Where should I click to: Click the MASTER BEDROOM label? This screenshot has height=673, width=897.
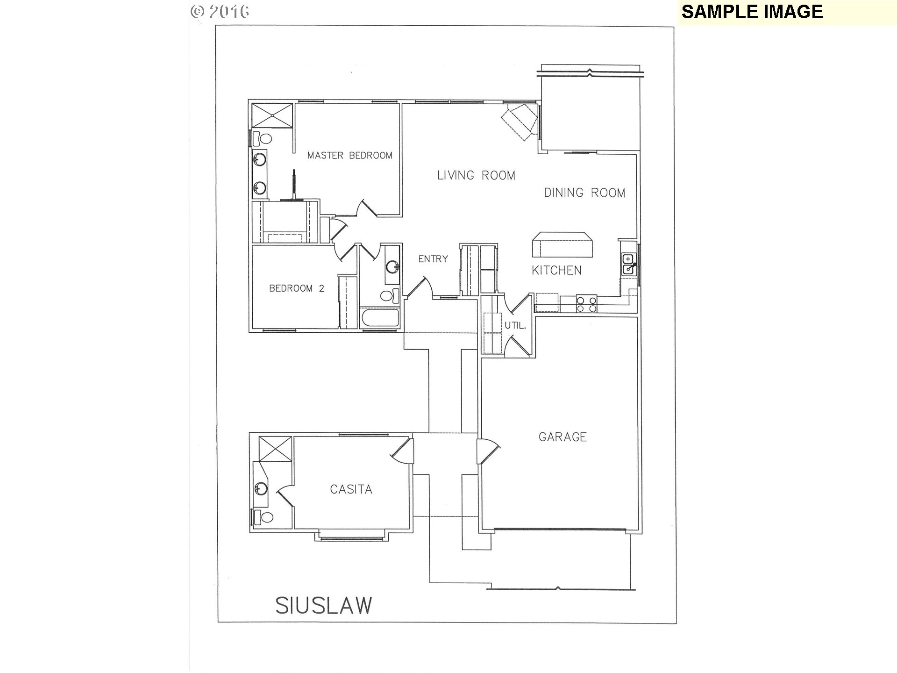click(x=350, y=155)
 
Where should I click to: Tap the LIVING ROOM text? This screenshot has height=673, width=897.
click(x=476, y=175)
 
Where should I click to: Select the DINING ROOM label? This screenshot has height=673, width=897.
click(x=584, y=193)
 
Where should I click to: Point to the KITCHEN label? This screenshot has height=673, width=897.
click(x=557, y=270)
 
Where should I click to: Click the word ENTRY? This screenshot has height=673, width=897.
click(x=433, y=259)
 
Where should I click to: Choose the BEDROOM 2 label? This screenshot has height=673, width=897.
click(x=297, y=288)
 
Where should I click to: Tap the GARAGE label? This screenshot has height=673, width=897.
click(x=562, y=437)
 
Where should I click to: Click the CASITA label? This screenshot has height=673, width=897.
click(x=351, y=489)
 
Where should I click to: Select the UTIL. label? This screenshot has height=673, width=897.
click(x=515, y=326)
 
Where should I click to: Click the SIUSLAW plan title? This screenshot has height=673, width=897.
click(x=324, y=605)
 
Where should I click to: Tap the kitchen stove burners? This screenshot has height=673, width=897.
click(x=586, y=304)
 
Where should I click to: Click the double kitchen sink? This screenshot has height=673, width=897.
click(x=629, y=265)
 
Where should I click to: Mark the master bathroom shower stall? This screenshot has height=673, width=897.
click(x=272, y=115)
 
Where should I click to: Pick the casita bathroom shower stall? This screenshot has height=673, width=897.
click(x=275, y=449)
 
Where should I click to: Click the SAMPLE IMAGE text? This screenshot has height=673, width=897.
click(x=752, y=12)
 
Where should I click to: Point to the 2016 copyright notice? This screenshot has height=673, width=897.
click(x=220, y=11)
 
